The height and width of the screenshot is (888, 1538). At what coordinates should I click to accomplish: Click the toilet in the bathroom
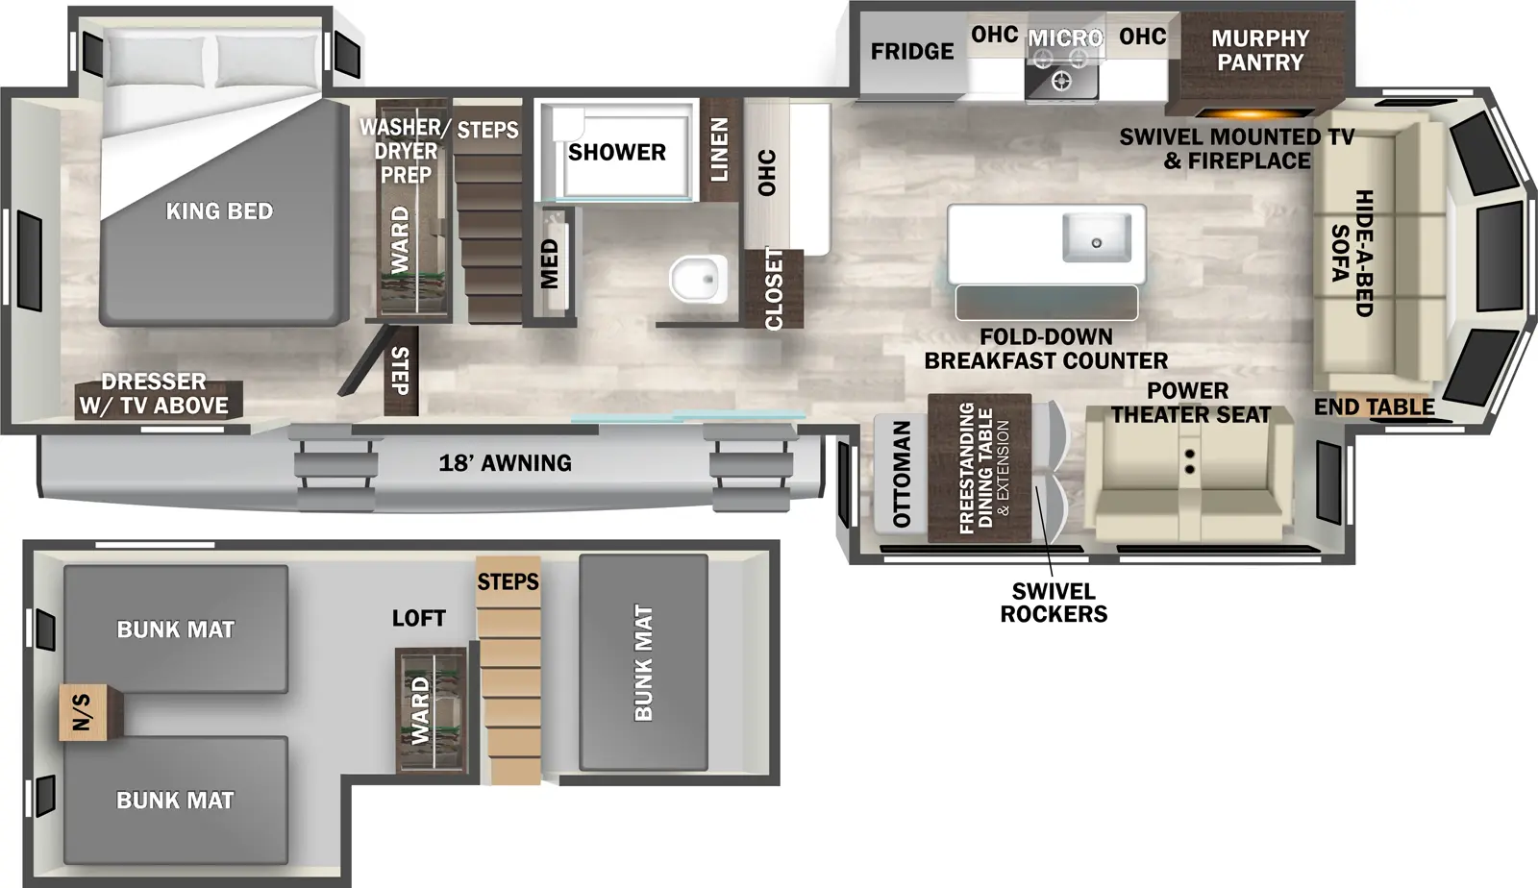698,279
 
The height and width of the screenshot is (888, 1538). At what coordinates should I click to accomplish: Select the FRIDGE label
911,52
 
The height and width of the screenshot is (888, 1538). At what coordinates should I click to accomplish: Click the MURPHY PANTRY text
1259,51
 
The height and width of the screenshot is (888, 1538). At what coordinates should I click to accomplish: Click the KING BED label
219,211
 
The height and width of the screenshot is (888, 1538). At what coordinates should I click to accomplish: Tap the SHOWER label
616,153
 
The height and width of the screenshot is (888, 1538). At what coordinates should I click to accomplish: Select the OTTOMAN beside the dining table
901,475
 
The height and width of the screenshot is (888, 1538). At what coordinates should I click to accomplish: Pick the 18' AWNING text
505,463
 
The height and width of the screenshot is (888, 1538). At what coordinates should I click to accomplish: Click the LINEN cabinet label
719,150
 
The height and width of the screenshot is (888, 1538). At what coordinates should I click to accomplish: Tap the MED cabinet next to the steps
550,263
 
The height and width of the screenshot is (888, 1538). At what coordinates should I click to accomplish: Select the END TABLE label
1374,407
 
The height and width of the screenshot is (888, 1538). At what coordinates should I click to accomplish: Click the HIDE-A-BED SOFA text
1352,253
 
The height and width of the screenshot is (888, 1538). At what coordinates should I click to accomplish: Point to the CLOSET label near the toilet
774,288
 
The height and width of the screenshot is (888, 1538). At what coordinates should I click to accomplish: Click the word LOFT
418,618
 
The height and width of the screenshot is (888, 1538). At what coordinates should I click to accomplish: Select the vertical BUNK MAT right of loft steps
643,662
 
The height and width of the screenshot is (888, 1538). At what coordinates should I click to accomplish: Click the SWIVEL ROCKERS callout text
1054,603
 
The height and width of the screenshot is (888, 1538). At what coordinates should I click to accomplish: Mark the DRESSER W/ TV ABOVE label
154,394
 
